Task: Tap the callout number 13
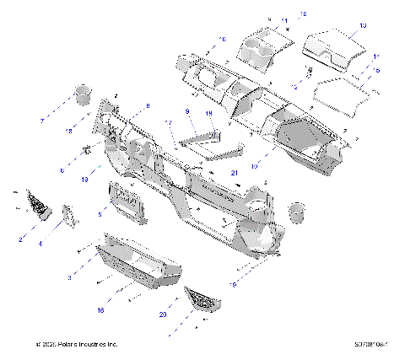coord(363,27)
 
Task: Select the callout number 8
coord(147,106)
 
